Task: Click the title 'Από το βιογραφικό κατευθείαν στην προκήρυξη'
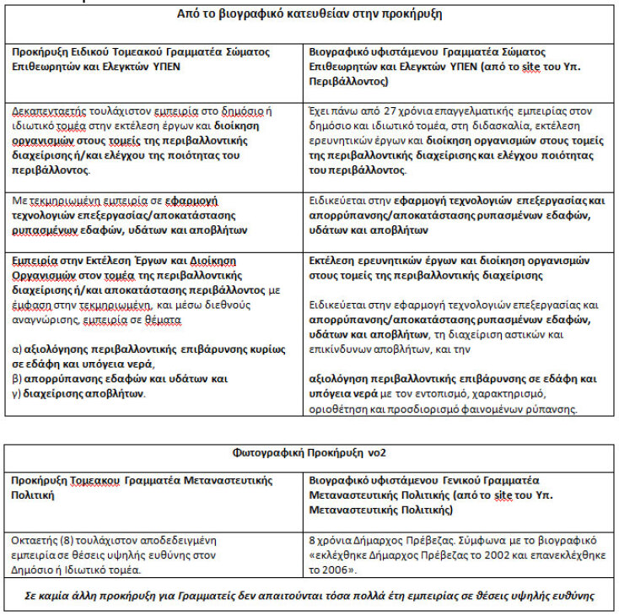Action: pos(309,14)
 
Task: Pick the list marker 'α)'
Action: pos(17,349)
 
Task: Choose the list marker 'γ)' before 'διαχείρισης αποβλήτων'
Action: pos(17,393)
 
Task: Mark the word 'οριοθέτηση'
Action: pos(341,410)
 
